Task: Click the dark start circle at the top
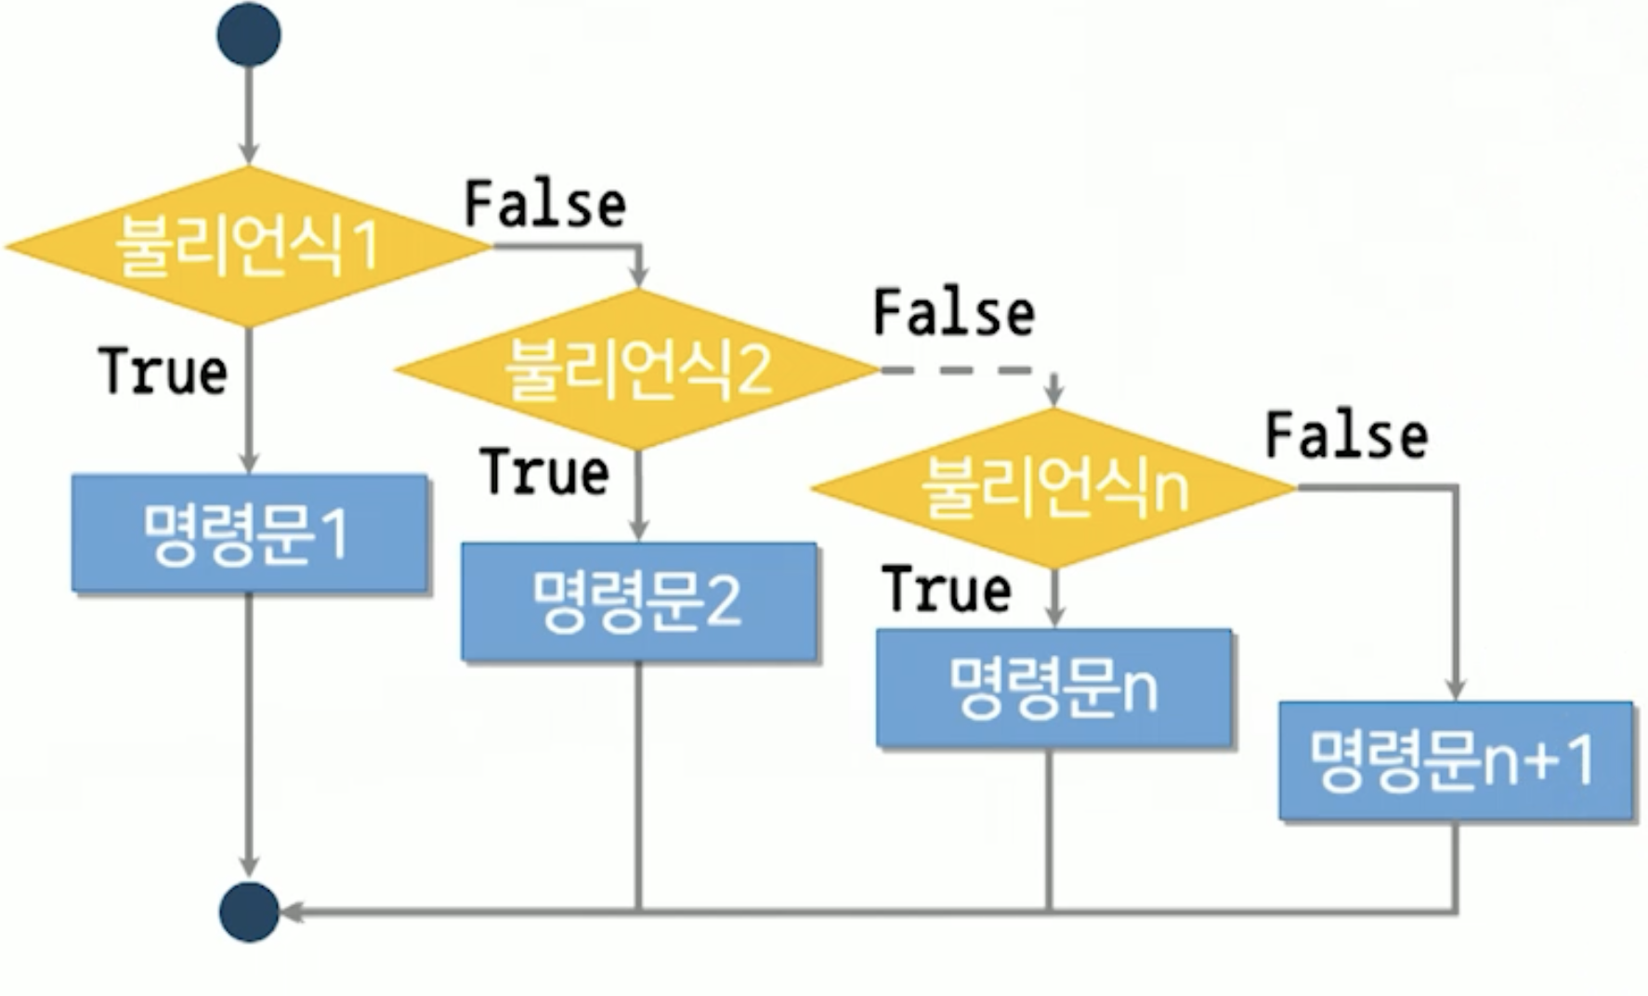tap(249, 34)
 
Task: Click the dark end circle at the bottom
tap(249, 912)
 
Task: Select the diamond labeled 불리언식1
tap(248, 246)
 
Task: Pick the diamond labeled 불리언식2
tap(637, 369)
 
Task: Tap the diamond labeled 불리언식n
tap(1053, 488)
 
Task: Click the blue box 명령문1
tap(249, 533)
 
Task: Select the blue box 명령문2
tap(639, 601)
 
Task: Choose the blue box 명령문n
tap(1053, 688)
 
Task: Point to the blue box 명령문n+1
tap(1455, 761)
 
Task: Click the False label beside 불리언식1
tap(545, 205)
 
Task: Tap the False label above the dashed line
tap(954, 313)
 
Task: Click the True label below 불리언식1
tap(163, 372)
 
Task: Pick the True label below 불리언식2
tap(545, 472)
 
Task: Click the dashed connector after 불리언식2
tap(957, 370)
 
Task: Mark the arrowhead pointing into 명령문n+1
tap(1456, 688)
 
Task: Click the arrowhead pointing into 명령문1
tap(249, 462)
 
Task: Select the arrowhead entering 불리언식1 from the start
tap(249, 153)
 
